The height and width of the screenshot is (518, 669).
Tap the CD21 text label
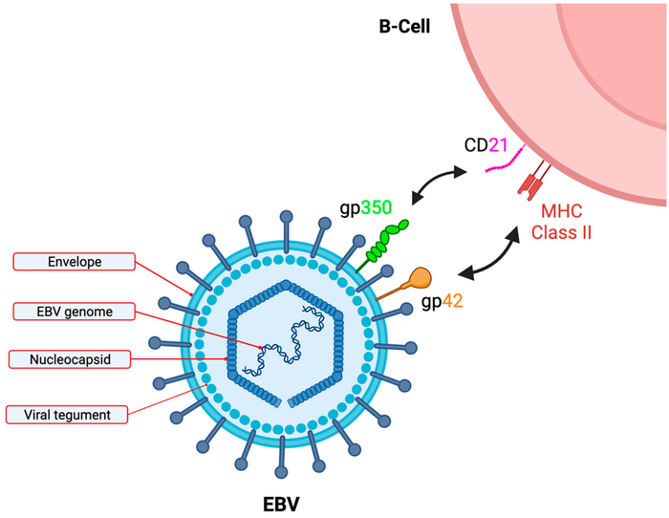[x=482, y=146]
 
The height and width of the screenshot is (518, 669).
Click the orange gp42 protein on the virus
[x=408, y=282]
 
